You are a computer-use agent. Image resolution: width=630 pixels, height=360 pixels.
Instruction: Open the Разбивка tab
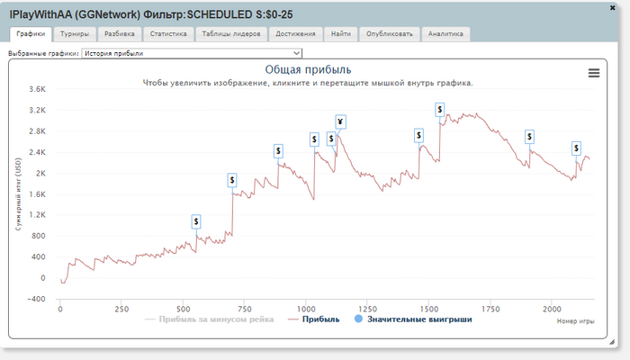pos(120,34)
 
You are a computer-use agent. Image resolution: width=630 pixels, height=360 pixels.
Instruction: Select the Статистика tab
pos(168,34)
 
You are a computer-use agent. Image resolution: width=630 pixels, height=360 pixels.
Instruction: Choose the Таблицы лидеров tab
pos(231,34)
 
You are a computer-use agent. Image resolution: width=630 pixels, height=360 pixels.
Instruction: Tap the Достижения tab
pos(296,34)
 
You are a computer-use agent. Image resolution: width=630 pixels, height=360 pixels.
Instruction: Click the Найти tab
pos(341,34)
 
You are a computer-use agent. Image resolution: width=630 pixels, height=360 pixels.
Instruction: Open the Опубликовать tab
pos(388,34)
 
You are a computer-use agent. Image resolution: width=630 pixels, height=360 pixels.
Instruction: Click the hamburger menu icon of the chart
pos(594,74)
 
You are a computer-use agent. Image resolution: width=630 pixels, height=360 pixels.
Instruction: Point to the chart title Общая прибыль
pos(308,69)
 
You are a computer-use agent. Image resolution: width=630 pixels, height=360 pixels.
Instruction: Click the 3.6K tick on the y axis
pos(37,90)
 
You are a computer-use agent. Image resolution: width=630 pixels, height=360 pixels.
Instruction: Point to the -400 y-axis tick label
pos(36,299)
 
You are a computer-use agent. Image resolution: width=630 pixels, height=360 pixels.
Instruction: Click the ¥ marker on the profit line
pos(340,122)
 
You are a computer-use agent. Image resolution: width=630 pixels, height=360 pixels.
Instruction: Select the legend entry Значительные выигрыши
pos(420,319)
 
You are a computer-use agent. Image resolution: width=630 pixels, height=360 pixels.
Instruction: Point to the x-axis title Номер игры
pos(576,320)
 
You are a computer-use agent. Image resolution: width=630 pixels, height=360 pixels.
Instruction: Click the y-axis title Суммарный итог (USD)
pos(18,194)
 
